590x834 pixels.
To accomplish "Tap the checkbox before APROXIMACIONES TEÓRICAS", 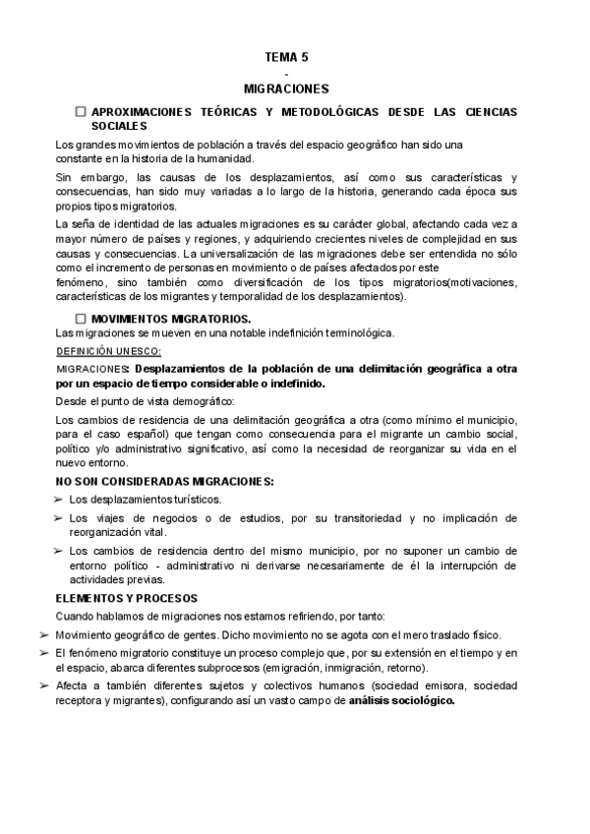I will (81, 114).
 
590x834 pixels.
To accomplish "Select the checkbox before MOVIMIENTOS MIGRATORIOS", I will (81, 319).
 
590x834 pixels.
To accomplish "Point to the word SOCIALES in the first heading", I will (119, 127).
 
